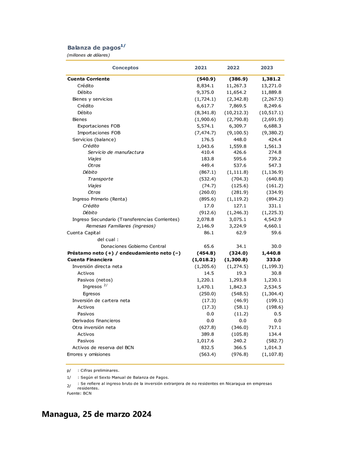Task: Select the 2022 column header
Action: pos(233,68)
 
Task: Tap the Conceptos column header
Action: pos(125,68)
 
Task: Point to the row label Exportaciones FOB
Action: pos(99,126)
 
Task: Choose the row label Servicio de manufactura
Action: pos(116,152)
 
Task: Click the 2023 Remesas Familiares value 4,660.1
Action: pos(271,226)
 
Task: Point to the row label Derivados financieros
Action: pos(96,321)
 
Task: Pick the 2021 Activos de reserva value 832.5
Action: pos(206,347)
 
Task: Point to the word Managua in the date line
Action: pos(60,415)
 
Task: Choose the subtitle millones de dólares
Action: pos(88,55)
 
